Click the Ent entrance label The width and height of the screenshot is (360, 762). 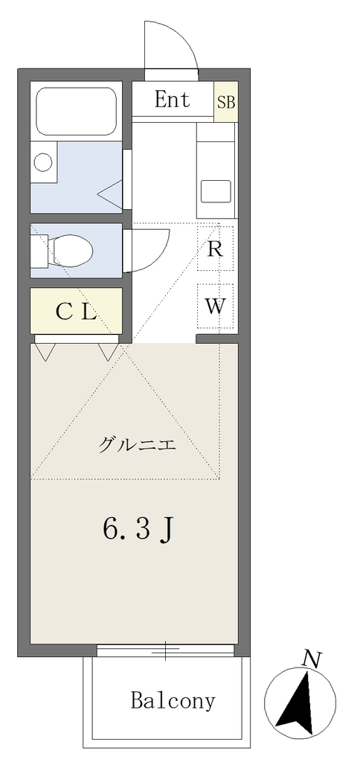pos(173,100)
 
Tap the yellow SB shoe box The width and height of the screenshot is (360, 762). pos(226,102)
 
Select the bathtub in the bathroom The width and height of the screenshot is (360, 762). pos(77,112)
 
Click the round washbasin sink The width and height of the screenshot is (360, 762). pos(44,161)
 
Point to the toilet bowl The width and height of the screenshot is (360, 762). pos(73,250)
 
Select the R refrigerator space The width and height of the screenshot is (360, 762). pos(215,249)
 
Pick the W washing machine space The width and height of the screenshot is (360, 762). pos(215,306)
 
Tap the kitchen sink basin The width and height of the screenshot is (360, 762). pos(216,191)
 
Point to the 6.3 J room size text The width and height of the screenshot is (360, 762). pos(138,529)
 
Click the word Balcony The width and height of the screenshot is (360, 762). pos(173,700)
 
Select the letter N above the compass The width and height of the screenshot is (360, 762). pos(311,659)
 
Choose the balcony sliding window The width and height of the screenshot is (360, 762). pos(165,650)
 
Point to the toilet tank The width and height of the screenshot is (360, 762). pos(40,250)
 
